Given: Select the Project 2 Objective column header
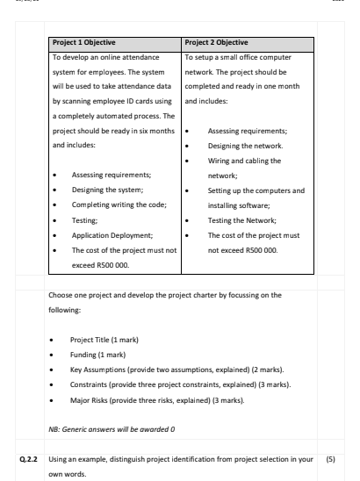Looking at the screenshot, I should (x=223, y=41).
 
